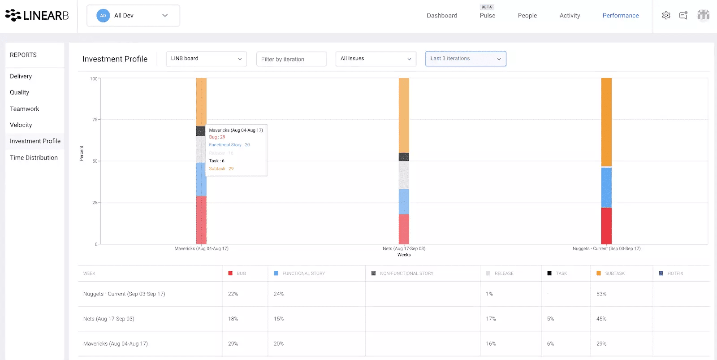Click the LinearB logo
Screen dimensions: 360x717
37,16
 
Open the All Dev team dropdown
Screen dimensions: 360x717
133,16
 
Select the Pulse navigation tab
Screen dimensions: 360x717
487,16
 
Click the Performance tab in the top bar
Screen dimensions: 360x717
620,16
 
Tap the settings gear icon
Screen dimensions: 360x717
666,16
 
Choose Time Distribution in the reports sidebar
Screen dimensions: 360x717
34,158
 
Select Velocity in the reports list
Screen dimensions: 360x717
21,125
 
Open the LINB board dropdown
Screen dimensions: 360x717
206,59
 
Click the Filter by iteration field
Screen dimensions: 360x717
291,59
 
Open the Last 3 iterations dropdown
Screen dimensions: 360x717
465,59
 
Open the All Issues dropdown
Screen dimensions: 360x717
376,59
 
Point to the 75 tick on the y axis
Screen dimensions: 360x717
95,120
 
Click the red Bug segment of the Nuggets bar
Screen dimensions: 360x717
606,226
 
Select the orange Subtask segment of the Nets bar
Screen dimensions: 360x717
404,116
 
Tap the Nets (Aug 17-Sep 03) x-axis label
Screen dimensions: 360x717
404,248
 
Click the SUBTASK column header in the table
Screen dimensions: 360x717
614,273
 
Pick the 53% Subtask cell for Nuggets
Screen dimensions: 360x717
601,294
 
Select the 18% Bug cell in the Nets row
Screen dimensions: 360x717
233,319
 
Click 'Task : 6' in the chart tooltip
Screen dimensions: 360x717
217,161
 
